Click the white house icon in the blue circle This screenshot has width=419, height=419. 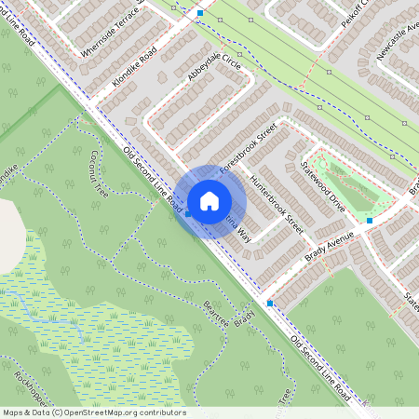(x=209, y=200)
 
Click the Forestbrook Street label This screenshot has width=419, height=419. (x=249, y=150)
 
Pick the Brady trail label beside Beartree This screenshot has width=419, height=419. (x=244, y=316)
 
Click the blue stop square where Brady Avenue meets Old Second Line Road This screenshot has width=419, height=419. (x=270, y=304)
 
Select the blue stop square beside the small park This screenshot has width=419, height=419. (x=370, y=221)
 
